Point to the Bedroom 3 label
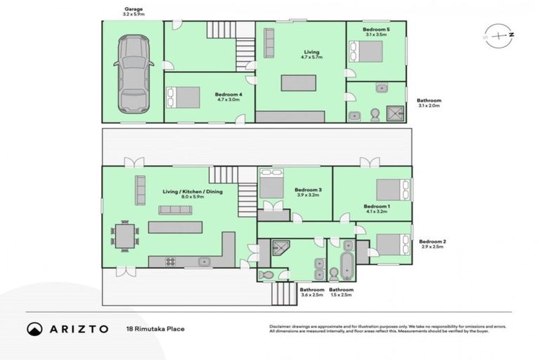(307, 190)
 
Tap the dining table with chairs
(124, 235)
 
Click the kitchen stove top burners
(171, 262)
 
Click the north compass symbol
(497, 33)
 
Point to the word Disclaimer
(281, 326)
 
